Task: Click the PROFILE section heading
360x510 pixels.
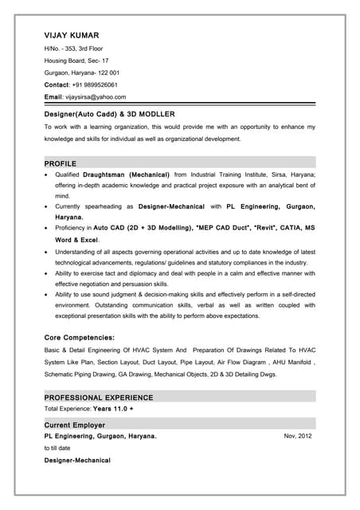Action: [61, 163]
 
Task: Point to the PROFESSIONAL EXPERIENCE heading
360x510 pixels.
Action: [99, 397]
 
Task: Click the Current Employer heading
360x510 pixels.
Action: [75, 425]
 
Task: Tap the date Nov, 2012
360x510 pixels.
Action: [298, 437]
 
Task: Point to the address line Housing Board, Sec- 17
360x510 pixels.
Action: [76, 61]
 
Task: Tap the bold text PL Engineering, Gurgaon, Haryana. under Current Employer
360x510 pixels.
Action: [100, 437]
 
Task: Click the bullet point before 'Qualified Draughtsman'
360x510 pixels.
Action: [48, 174]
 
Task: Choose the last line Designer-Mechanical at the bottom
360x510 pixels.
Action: [77, 461]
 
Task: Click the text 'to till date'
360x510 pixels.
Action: [57, 449]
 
